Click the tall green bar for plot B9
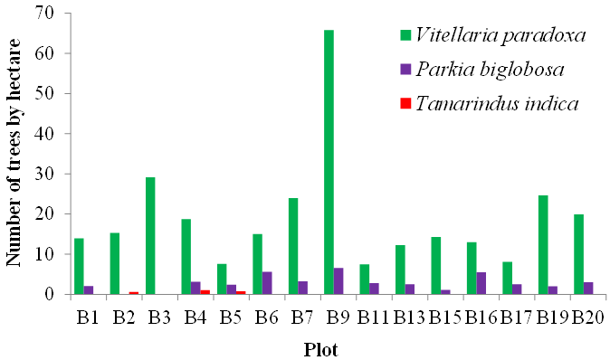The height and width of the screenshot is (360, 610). (x=329, y=162)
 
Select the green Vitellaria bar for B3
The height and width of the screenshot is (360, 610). (x=150, y=235)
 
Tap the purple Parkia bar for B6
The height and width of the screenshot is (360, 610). (x=267, y=283)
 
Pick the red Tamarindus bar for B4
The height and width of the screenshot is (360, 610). (x=205, y=292)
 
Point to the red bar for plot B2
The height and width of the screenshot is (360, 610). (x=134, y=293)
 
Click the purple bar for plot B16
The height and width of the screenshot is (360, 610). (x=481, y=283)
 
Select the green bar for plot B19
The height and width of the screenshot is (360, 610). (x=543, y=245)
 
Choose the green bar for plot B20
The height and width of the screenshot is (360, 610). (x=578, y=254)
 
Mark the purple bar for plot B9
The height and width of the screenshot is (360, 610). (x=338, y=281)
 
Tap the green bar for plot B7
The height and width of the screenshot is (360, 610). (x=293, y=246)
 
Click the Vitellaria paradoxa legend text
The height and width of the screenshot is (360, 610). (x=500, y=35)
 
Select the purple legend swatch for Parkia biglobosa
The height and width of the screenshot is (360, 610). (x=405, y=70)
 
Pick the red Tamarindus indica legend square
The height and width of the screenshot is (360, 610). (x=405, y=103)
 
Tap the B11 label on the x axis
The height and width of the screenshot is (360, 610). (x=373, y=317)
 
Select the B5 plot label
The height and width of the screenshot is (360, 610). (x=231, y=317)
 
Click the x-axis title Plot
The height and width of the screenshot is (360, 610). (x=320, y=349)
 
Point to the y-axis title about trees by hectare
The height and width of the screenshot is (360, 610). (x=14, y=153)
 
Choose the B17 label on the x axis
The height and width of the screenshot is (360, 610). (x=516, y=317)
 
